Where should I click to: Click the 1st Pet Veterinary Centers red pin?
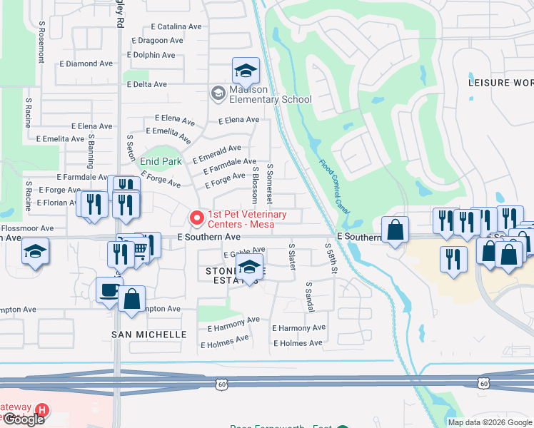(x=193, y=216)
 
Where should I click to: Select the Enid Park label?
(x=160, y=162)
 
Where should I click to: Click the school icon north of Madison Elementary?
(x=245, y=71)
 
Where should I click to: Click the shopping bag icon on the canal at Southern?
(x=395, y=230)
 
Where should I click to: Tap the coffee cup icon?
(x=109, y=290)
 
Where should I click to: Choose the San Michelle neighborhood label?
(x=149, y=334)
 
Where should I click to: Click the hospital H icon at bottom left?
(x=42, y=410)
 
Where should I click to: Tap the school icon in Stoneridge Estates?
(x=248, y=267)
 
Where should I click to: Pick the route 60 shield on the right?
(x=485, y=384)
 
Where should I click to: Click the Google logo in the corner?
(x=24, y=419)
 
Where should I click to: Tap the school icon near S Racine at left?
(x=34, y=252)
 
